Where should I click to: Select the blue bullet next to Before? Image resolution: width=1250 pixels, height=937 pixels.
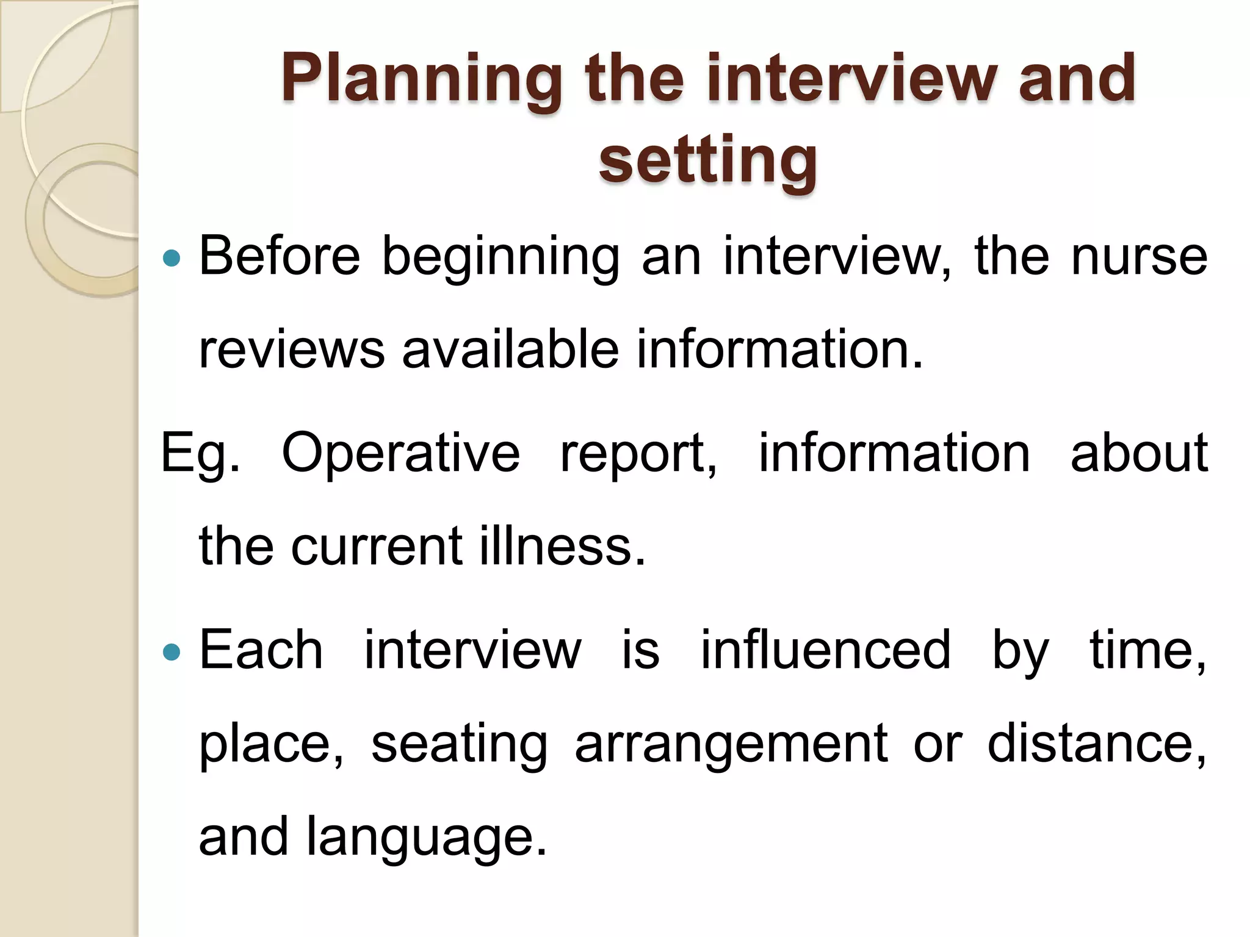click(173, 258)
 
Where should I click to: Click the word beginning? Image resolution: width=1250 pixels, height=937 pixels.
click(500, 257)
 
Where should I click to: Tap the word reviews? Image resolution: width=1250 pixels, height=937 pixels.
click(292, 350)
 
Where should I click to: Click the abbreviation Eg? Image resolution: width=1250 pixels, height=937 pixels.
click(199, 454)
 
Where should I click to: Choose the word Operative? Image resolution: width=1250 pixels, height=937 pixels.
click(400, 453)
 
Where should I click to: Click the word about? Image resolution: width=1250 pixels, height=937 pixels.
click(1139, 453)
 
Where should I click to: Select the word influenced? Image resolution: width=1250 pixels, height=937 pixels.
click(825, 650)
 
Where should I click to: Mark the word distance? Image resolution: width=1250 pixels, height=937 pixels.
click(1096, 744)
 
